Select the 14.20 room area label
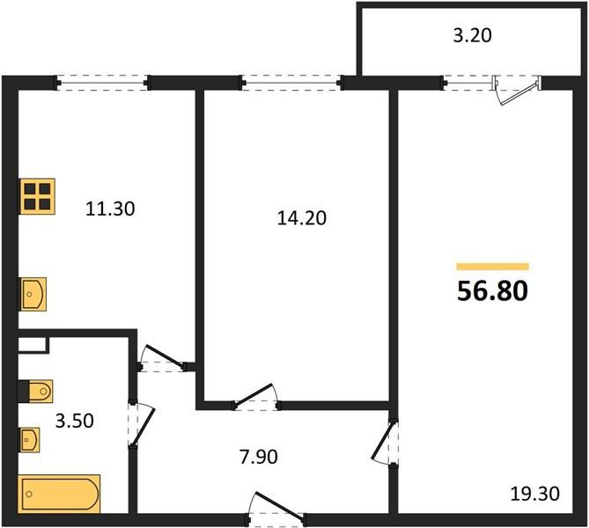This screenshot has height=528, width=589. tap(301, 218)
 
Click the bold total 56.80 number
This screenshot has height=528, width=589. tap(492, 290)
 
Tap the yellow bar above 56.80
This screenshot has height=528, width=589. tap(492, 266)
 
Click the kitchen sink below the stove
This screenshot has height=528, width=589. tap(33, 292)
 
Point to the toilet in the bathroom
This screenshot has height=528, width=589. tap(34, 390)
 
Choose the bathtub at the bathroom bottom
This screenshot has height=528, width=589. tap(60, 494)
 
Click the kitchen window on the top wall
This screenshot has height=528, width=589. tap(103, 84)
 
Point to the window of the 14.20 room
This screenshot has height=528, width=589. tap(291, 84)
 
